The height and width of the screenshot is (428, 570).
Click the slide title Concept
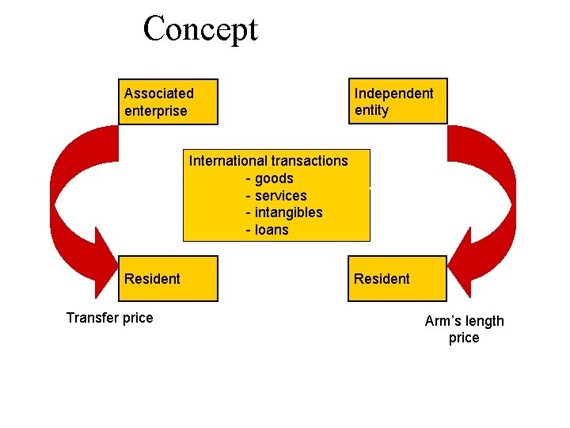(x=200, y=29)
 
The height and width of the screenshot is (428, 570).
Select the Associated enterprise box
(x=168, y=101)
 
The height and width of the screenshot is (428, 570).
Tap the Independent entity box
(x=397, y=101)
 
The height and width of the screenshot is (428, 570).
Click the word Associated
(x=158, y=94)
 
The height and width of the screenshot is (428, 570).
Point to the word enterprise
(x=155, y=111)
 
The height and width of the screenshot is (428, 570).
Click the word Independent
(x=393, y=94)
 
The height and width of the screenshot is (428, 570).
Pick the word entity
(x=371, y=111)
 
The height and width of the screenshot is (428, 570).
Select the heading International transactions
(x=268, y=161)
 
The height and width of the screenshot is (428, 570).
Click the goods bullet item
(x=270, y=178)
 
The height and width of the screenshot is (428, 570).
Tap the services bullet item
(x=276, y=196)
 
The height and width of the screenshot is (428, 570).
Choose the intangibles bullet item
(x=284, y=212)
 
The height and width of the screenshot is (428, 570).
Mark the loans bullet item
(x=268, y=230)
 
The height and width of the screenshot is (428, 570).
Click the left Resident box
(x=168, y=278)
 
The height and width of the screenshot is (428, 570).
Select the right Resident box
(x=397, y=278)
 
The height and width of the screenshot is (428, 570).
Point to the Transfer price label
(x=109, y=318)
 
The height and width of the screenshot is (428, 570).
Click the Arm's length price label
(x=464, y=329)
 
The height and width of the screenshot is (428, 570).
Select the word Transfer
(x=90, y=318)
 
